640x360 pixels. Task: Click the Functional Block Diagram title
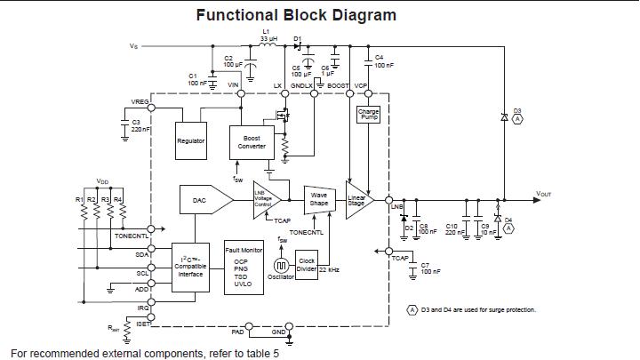(x=296, y=15)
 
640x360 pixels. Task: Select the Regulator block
(x=191, y=141)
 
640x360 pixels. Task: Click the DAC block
(x=199, y=201)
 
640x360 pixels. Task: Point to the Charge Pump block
(x=367, y=115)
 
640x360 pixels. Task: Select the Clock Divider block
(x=306, y=265)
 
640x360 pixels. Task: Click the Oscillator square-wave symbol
(x=281, y=265)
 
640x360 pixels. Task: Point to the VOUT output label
(x=545, y=193)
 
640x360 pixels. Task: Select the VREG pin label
(x=140, y=101)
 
